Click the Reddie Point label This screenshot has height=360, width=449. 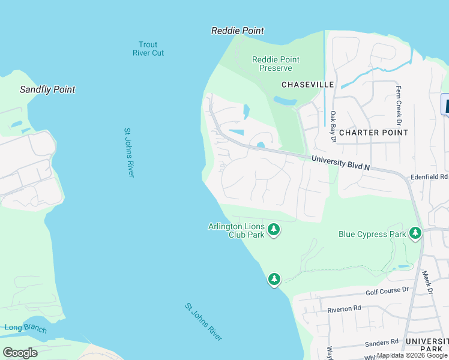tap(238, 31)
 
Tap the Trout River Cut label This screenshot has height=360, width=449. tap(148, 49)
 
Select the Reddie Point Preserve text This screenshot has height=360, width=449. tap(276, 64)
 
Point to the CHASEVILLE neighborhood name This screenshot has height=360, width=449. tap(307, 85)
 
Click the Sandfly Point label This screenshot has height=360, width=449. tap(47, 89)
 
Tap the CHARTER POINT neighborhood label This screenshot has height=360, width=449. tap(373, 132)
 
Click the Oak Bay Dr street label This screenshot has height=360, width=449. tap(333, 126)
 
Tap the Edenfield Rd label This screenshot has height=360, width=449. tap(429, 177)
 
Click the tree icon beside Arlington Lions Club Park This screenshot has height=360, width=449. tap(274, 229)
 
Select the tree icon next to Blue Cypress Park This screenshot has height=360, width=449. tap(415, 233)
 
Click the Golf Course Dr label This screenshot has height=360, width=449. tap(387, 291)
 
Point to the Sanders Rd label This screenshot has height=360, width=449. tap(382, 342)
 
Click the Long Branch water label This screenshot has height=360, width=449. tap(22, 327)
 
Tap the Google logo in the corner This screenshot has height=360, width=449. tap(20, 352)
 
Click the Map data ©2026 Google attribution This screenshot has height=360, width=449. tap(412, 355)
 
